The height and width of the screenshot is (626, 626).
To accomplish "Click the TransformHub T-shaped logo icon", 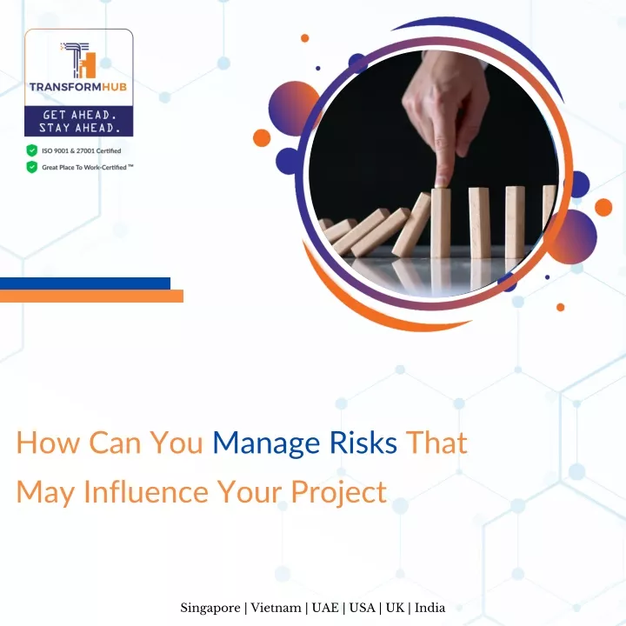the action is click(x=78, y=60).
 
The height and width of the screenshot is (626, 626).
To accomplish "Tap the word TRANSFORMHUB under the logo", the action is click(x=78, y=87).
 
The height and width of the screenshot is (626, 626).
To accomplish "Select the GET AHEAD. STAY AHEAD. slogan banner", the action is click(x=78, y=121).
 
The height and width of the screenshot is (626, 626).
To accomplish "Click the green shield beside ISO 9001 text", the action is click(x=32, y=150).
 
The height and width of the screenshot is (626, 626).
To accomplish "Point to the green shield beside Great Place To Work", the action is click(x=32, y=167).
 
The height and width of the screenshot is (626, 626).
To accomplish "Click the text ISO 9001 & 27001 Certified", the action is click(x=82, y=151).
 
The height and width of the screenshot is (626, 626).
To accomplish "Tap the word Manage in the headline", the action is click(x=266, y=443).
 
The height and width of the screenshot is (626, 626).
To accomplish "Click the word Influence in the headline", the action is click(x=146, y=491).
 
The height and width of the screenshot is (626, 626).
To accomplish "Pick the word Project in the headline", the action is click(x=339, y=492).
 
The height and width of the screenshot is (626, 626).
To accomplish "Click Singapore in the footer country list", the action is click(x=210, y=608).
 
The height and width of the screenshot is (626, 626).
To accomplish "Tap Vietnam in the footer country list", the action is click(x=276, y=608).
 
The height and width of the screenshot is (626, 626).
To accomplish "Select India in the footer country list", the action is click(x=430, y=608).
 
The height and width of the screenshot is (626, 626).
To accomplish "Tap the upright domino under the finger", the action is click(x=441, y=223).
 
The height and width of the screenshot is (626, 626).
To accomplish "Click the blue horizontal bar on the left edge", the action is click(x=85, y=283).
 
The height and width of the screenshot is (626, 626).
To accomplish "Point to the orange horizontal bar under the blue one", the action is click(x=91, y=296).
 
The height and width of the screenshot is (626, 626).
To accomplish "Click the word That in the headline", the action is click(x=436, y=443).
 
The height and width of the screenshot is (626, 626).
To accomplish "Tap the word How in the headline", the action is click(x=48, y=443).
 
